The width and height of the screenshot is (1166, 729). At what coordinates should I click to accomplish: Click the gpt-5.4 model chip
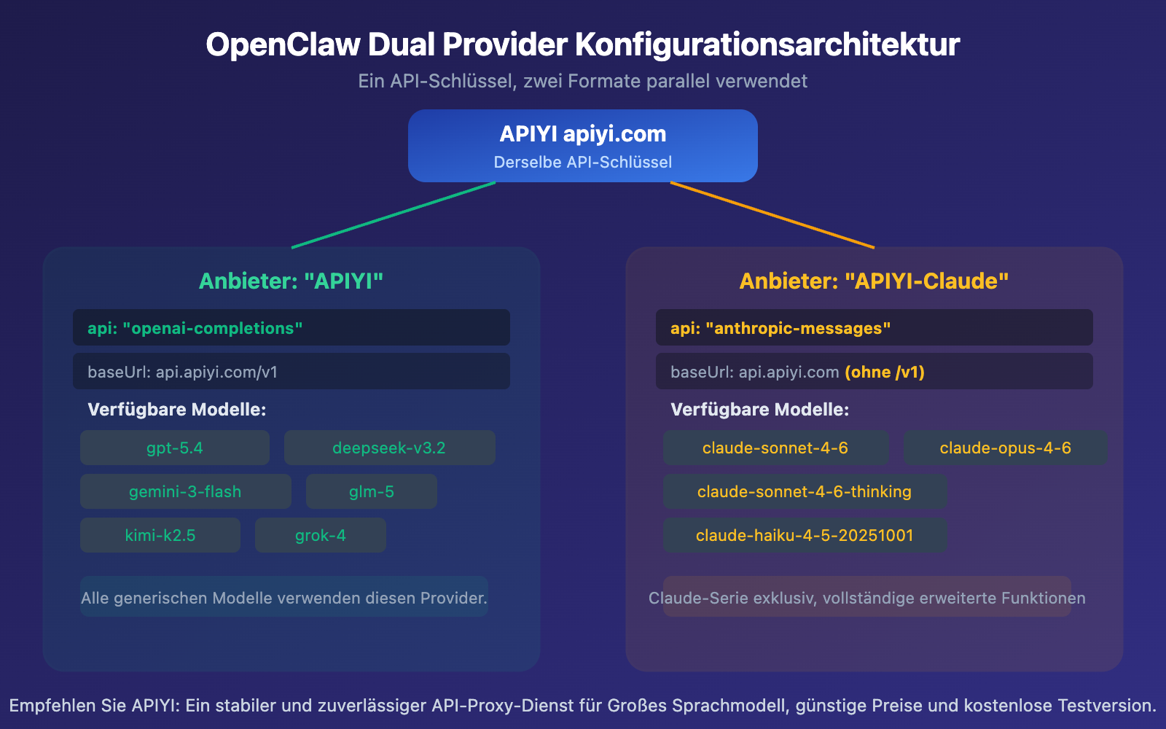tap(174, 448)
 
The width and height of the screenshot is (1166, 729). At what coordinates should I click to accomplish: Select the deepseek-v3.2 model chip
tap(389, 448)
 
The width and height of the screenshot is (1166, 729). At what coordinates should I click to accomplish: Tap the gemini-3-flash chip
tap(185, 491)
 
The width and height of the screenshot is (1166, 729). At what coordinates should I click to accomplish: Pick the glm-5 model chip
tap(371, 491)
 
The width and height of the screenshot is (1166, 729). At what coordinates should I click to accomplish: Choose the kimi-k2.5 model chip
tap(160, 535)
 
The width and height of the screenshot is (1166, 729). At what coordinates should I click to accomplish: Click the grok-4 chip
tap(320, 535)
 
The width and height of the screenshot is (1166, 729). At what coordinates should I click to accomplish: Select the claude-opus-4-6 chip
tap(1005, 448)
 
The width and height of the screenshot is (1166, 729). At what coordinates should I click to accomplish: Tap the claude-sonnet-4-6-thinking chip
tap(805, 491)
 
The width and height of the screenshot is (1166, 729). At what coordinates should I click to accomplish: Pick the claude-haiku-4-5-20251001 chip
tap(805, 535)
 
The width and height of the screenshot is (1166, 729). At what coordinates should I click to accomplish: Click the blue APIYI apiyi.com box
tap(582, 146)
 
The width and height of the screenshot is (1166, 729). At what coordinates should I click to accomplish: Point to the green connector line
tap(394, 215)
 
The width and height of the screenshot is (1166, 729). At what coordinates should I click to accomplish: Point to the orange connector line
tap(772, 215)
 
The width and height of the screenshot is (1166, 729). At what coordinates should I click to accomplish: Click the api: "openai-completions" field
tap(291, 327)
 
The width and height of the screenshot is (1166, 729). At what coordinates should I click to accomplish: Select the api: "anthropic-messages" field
tap(874, 327)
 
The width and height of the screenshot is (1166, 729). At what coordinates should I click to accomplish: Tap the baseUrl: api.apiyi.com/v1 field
tap(291, 371)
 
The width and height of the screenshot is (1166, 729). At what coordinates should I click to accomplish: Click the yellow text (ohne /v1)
tap(885, 372)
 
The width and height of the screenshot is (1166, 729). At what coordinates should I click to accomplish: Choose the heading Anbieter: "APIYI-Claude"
tap(874, 281)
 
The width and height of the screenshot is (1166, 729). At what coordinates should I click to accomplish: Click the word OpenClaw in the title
tap(283, 44)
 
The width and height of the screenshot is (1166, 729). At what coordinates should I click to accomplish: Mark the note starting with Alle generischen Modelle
tap(283, 598)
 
